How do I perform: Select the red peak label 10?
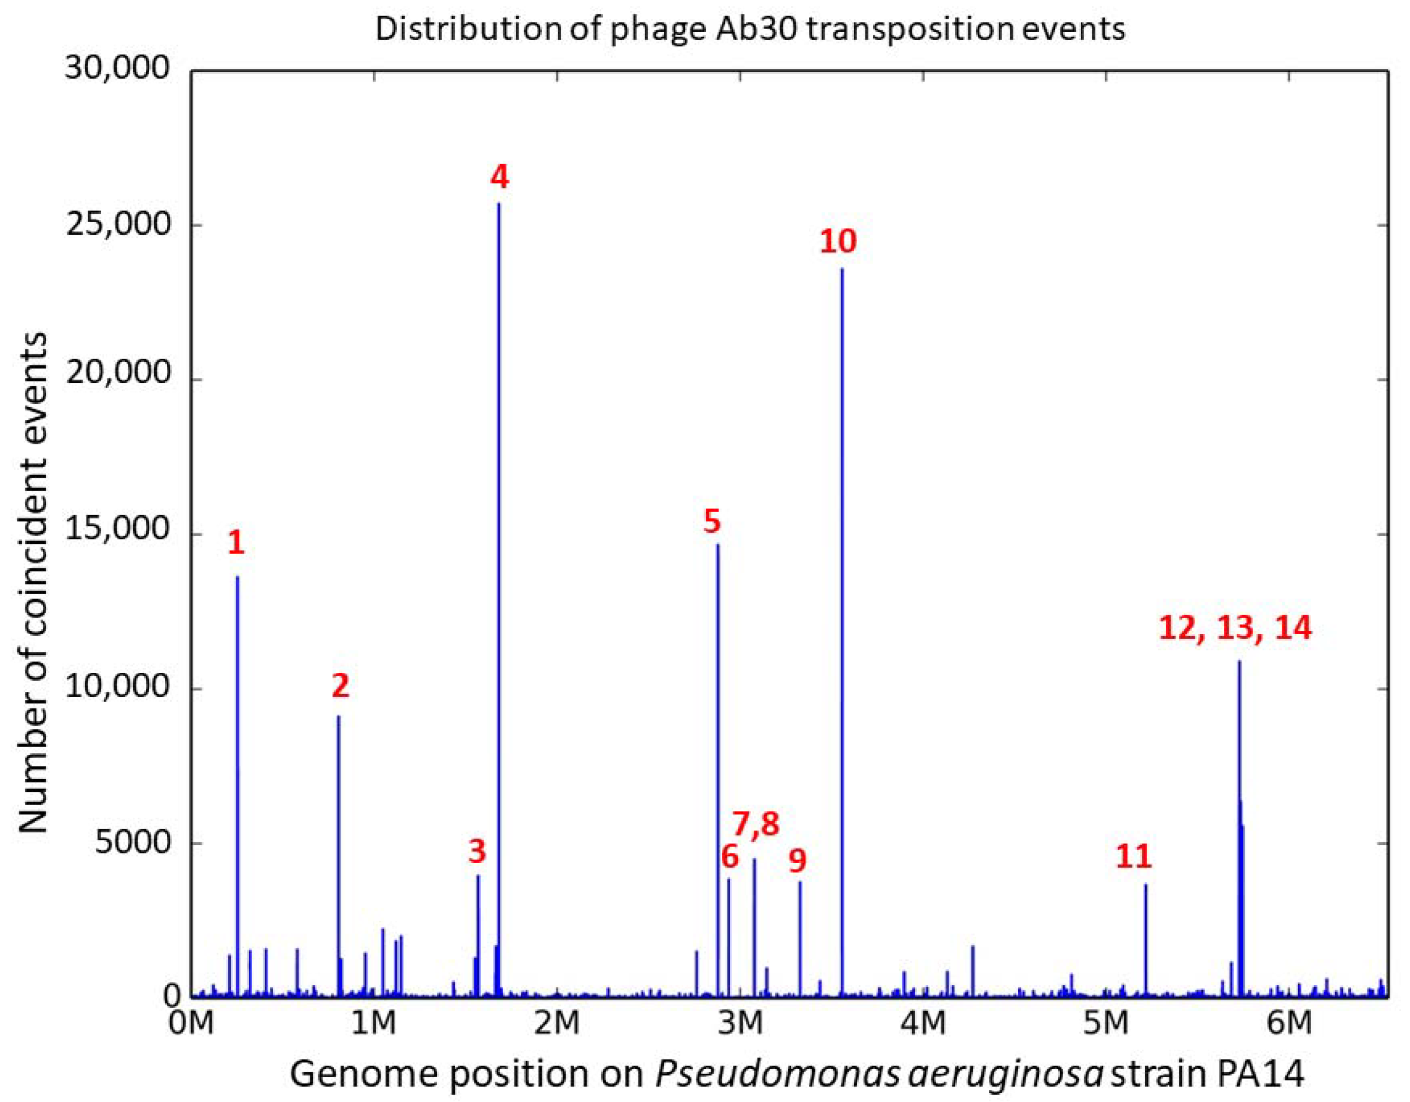click(838, 241)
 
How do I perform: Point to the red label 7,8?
click(756, 824)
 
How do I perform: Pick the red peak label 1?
click(236, 543)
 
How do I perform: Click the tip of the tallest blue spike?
click(498, 204)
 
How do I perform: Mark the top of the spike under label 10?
click(842, 269)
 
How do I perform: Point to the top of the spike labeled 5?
click(717, 545)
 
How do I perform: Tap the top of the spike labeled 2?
click(338, 716)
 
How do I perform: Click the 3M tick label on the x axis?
click(741, 1023)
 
